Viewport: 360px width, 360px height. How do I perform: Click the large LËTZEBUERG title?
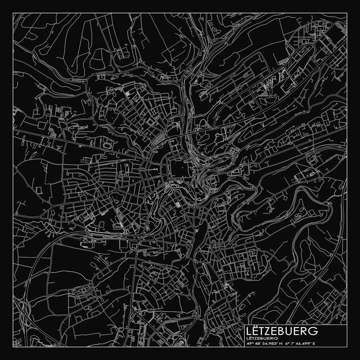282,331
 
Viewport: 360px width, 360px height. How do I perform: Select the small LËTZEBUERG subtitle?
262,338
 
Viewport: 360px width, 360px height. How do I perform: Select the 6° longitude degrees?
287,343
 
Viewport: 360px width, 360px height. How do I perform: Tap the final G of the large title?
314,331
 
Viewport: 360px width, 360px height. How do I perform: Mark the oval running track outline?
108,145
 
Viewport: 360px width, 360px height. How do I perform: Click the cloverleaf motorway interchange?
24,310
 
